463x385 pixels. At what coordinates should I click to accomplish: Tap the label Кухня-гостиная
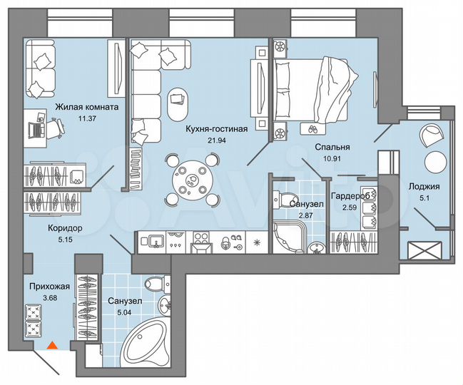pos(216,129)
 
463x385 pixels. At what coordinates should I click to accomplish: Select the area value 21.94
pos(216,140)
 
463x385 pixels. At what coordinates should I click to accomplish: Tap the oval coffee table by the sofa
pos(176,104)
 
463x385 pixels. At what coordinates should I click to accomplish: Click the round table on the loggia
pos(434,160)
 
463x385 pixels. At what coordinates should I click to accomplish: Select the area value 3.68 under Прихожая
pos(41,298)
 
